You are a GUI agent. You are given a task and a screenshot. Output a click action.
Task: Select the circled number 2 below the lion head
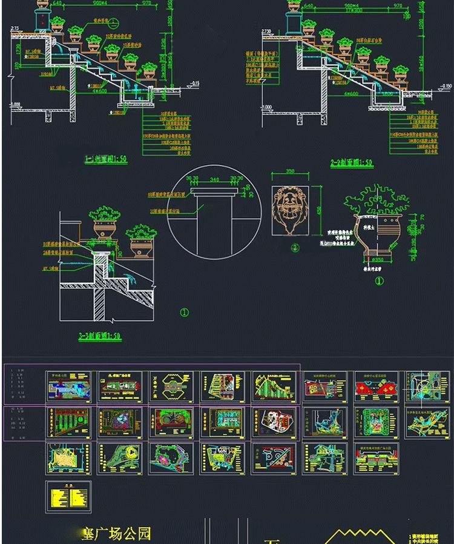(295, 248)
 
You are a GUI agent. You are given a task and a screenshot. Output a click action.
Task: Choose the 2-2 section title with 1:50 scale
(351, 164)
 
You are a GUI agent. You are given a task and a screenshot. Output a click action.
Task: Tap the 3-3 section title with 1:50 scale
(100, 336)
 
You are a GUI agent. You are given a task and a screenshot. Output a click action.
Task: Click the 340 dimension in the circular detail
(214, 179)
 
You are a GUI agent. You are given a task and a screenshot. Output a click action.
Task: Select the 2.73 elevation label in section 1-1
(15, 28)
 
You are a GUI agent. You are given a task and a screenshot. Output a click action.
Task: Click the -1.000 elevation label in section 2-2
(270, 107)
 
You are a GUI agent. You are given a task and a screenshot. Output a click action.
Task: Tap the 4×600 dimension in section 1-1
(99, 91)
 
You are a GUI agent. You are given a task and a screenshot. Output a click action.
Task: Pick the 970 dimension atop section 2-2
(398, 6)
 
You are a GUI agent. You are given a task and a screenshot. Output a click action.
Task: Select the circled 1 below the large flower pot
(380, 281)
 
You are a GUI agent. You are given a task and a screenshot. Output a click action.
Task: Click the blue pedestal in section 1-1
(43, 21)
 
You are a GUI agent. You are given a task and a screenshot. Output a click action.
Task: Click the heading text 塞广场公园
(116, 533)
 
